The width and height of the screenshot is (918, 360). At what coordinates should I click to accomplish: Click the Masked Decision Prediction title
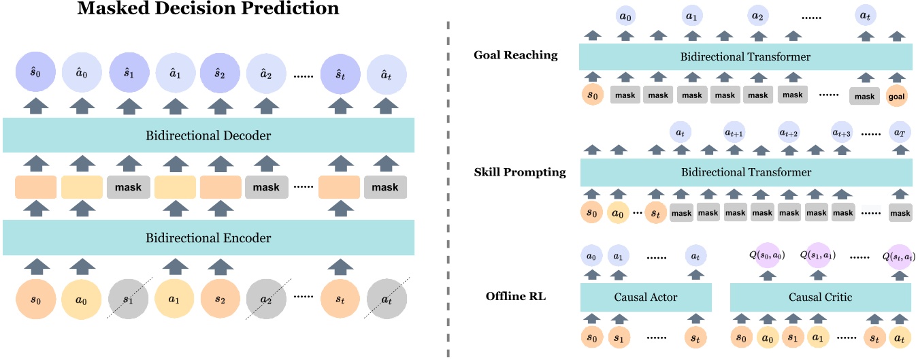pyautogui.click(x=208, y=10)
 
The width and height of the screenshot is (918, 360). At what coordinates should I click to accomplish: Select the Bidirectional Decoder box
pyautogui.click(x=208, y=135)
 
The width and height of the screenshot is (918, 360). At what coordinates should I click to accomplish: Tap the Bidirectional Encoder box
pyautogui.click(x=208, y=238)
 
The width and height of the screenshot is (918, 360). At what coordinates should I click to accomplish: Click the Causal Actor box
pyautogui.click(x=646, y=297)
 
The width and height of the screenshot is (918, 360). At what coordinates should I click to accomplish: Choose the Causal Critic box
pyautogui.click(x=820, y=297)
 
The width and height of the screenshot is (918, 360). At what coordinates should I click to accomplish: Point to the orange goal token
pyautogui.click(x=897, y=96)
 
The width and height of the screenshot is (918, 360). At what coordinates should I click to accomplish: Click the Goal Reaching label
pyautogui.click(x=515, y=55)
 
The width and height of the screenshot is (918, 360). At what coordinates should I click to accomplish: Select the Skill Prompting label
pyautogui.click(x=519, y=172)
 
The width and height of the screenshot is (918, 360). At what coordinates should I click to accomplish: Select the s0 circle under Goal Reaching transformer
pyautogui.click(x=591, y=96)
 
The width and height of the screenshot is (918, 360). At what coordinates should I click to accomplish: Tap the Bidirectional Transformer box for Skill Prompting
pyautogui.click(x=745, y=172)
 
